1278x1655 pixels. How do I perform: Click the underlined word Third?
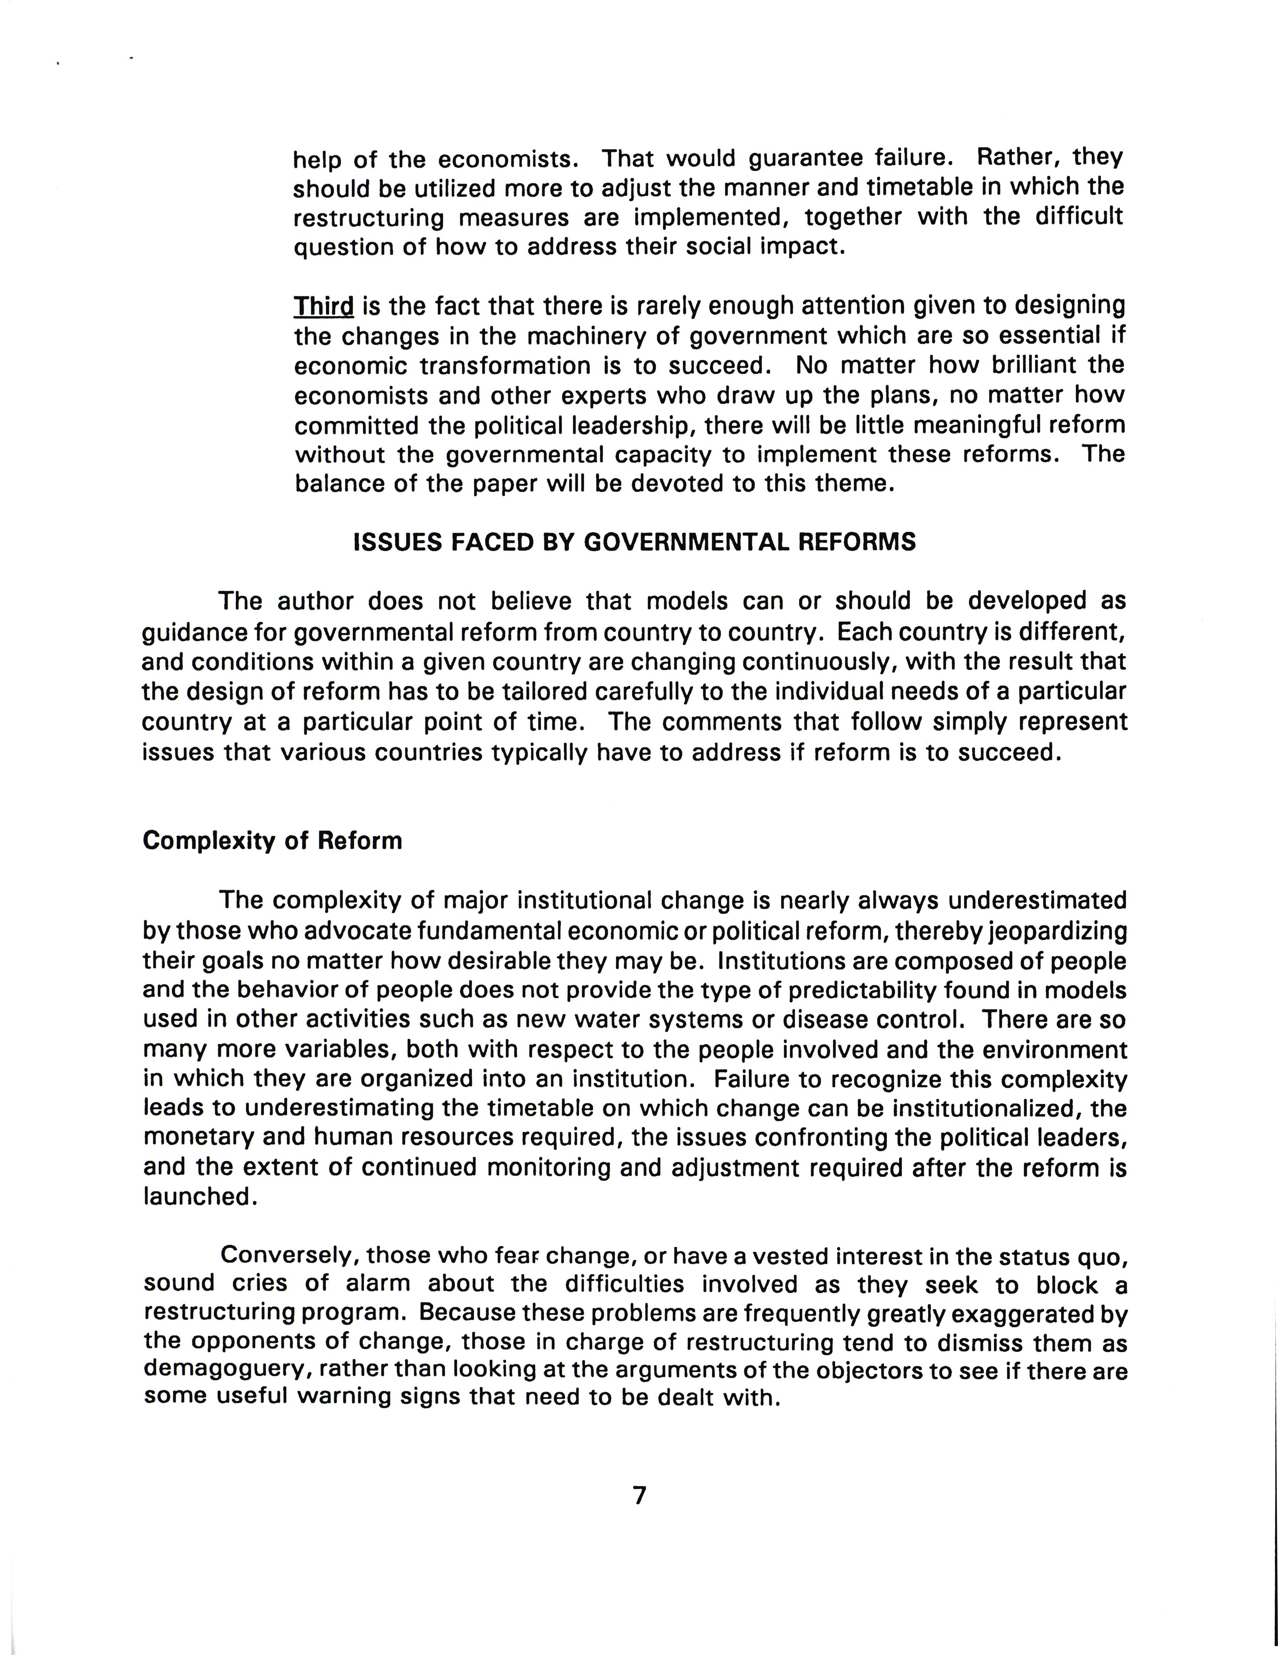pos(323,306)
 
